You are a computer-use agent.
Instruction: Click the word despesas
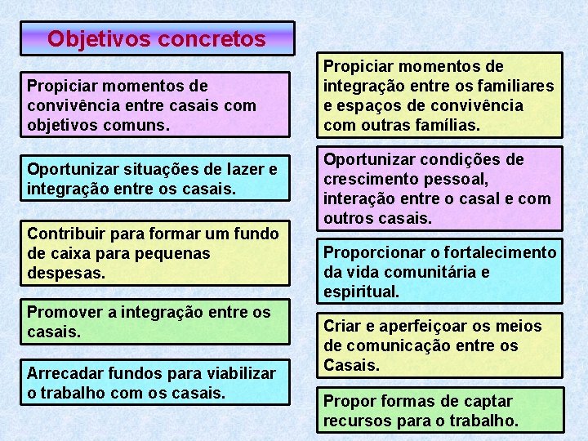(65, 273)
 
